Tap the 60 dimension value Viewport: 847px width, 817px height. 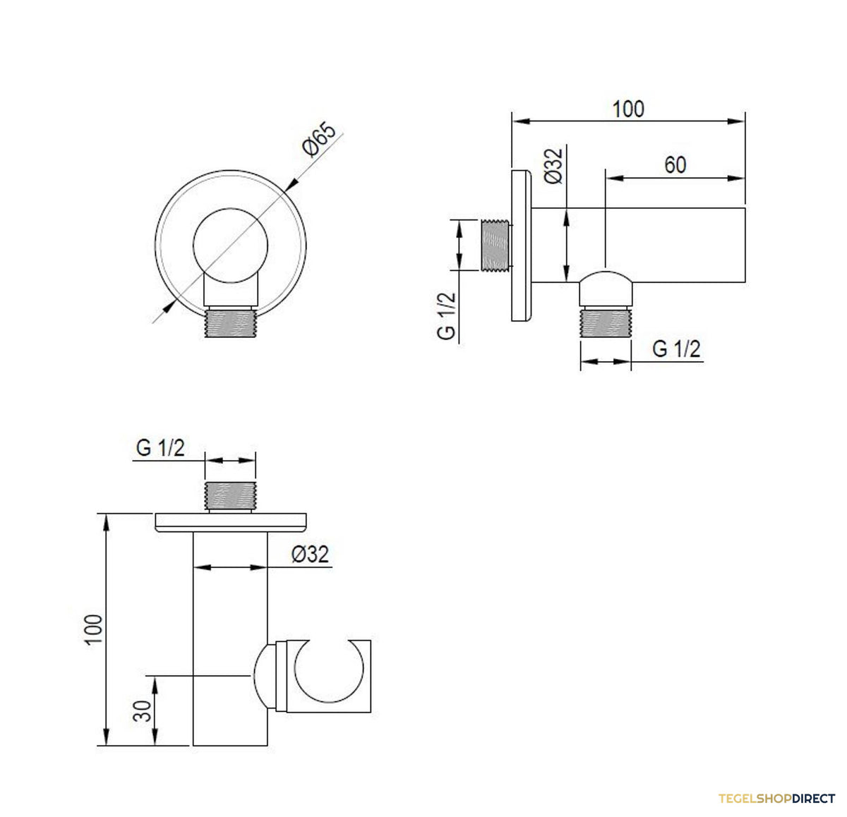pos(675,165)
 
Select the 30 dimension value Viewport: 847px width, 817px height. pos(142,711)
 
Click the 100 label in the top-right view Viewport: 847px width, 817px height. pos(627,109)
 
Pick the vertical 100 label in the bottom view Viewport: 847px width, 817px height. pos(94,629)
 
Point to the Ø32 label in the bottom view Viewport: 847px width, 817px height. pos(310,555)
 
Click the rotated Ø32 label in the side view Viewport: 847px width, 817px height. pos(553,166)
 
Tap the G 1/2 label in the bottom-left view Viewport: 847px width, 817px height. pos(160,448)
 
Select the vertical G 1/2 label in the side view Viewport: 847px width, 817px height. pos(446,316)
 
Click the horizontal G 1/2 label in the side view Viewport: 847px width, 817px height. pos(676,349)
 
